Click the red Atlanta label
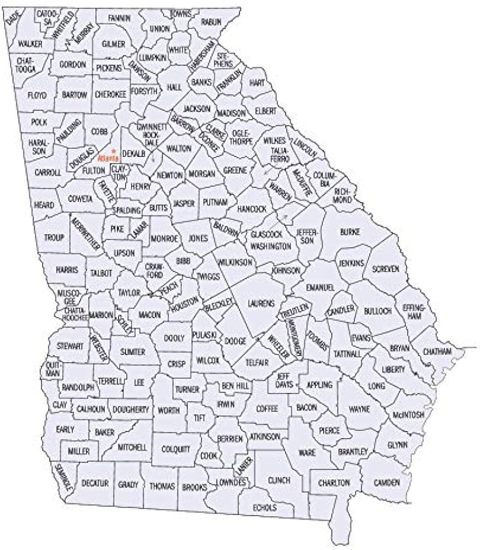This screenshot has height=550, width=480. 108,158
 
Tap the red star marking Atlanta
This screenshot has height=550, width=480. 112,150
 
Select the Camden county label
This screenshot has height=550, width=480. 387,483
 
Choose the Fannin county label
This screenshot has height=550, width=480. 119,18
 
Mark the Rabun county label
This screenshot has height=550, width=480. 211,21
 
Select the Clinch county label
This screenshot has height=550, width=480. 279,481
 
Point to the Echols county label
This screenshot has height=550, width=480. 265,508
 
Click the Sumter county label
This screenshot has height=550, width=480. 133,351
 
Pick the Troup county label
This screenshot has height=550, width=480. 54,237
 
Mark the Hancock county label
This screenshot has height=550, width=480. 252,209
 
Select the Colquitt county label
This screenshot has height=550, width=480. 176,449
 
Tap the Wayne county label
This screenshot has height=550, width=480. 359,409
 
